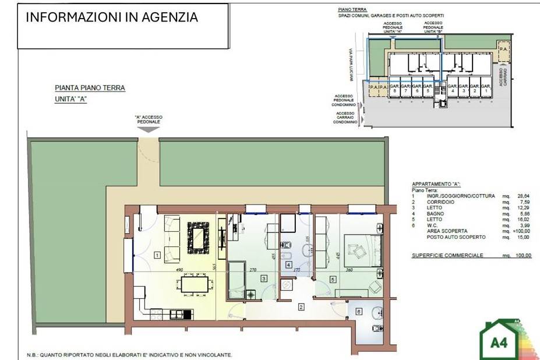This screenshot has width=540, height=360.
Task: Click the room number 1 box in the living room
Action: click(157, 255)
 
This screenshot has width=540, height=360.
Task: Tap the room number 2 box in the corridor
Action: click(301, 306)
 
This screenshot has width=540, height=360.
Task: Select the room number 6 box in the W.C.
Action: click(358, 312)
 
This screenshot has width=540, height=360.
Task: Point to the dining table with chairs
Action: click(194, 284)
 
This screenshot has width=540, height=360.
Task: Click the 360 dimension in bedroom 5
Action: click(348, 270)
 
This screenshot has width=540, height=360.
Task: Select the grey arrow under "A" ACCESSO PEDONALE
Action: click(149, 130)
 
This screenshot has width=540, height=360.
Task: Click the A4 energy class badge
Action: click(499, 341)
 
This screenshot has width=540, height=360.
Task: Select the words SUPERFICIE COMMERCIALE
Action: click(447, 255)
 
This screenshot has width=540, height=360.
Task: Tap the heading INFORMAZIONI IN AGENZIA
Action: click(112, 17)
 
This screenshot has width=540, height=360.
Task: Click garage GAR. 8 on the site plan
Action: click(395, 88)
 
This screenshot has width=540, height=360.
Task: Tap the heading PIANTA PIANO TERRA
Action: click(90, 88)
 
